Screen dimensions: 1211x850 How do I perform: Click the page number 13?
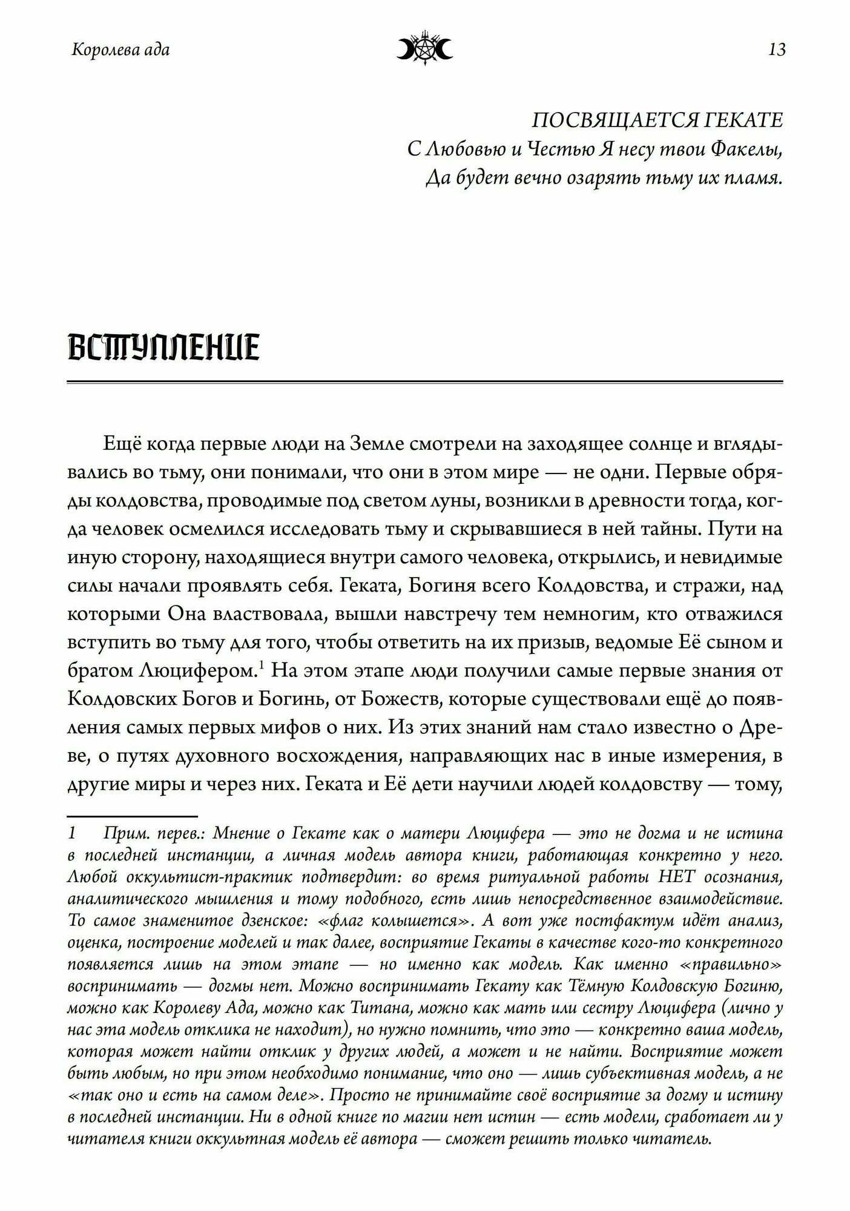(777, 50)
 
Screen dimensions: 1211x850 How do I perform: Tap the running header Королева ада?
(120, 50)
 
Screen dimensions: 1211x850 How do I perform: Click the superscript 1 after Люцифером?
(262, 666)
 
